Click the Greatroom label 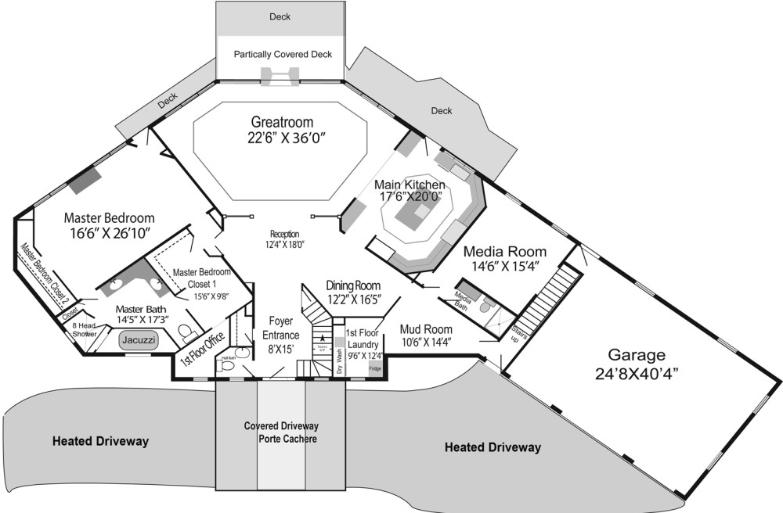pos(283,122)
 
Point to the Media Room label pos(505,252)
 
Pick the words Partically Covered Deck pos(283,55)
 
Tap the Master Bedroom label pos(109,217)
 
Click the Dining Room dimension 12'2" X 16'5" pos(353,299)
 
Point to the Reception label pos(285,234)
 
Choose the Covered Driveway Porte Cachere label pos(281,432)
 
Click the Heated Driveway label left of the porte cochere pos(100,441)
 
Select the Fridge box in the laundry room pos(375,368)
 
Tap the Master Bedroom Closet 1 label pos(202,276)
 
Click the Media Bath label pos(463,300)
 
